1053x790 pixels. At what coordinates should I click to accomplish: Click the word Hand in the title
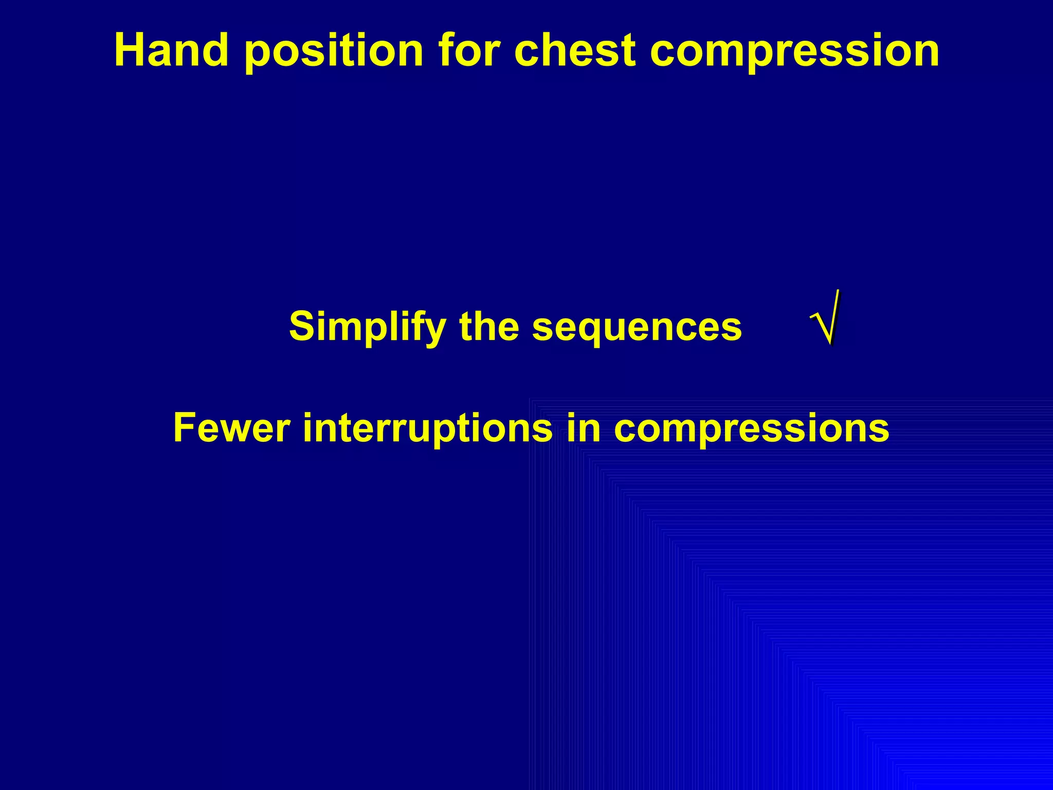click(x=171, y=50)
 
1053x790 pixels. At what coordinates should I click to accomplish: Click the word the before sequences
click(x=489, y=326)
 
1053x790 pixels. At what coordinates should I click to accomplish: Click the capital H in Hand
click(x=129, y=50)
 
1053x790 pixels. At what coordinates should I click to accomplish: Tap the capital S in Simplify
click(x=303, y=326)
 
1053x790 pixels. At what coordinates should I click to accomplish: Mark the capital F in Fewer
click(x=185, y=428)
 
